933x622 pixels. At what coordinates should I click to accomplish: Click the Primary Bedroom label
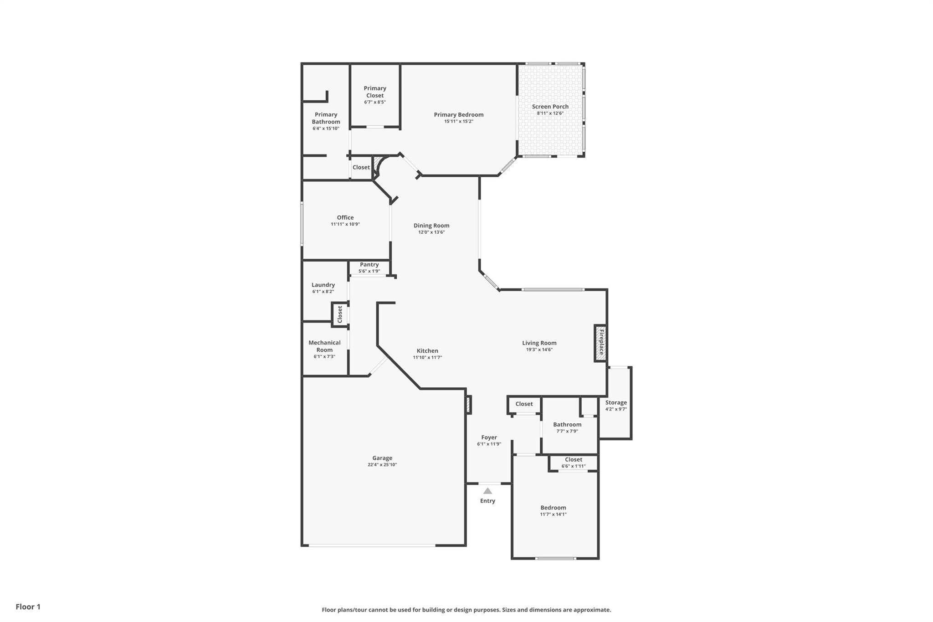[458, 115]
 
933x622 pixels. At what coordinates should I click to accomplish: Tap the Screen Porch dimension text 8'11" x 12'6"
[550, 113]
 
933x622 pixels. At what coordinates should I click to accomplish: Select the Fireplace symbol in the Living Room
[600, 343]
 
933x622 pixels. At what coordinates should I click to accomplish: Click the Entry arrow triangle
[487, 491]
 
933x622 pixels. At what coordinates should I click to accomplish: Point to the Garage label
[382, 458]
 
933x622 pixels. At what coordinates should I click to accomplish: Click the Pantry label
[369, 264]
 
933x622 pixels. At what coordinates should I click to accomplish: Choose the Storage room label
[615, 402]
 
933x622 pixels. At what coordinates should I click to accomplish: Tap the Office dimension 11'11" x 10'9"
[345, 224]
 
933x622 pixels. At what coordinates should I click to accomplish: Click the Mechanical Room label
[324, 346]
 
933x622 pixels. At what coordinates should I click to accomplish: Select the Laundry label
[323, 285]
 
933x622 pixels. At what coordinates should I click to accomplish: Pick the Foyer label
[489, 437]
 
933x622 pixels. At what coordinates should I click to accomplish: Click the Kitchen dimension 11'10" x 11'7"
[427, 358]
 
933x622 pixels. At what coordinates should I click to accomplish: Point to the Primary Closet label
[374, 92]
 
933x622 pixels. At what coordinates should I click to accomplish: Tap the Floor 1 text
[28, 607]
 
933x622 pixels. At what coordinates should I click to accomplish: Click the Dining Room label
[431, 226]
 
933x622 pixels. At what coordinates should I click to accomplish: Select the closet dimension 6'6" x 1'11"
[573, 466]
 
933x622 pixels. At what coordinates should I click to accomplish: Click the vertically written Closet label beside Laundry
[339, 314]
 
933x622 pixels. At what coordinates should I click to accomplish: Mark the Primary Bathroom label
[326, 118]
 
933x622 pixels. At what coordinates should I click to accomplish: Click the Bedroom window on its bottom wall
[555, 558]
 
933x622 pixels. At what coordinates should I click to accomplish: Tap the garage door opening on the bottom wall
[372, 545]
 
